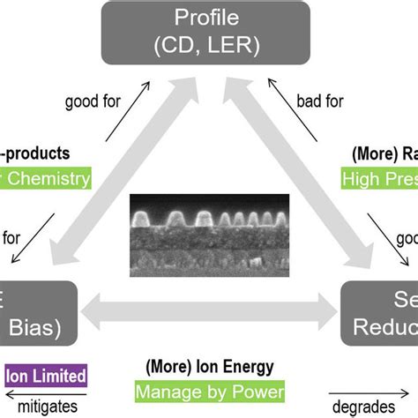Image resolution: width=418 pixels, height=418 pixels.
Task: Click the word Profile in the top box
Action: coord(209,18)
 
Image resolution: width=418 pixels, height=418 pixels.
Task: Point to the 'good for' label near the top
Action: coord(93,101)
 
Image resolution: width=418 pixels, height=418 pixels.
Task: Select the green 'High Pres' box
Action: coord(379,179)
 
